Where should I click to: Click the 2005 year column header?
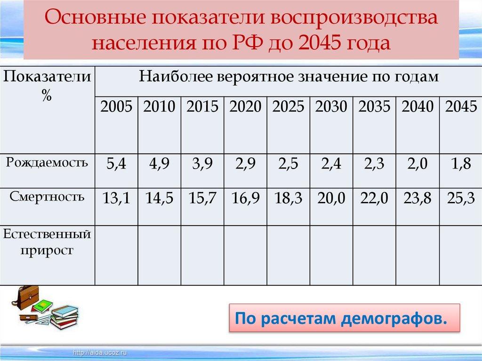pyautogui.click(x=116, y=107)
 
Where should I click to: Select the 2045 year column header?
pyautogui.click(x=461, y=107)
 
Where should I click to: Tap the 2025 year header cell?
pyautogui.click(x=288, y=107)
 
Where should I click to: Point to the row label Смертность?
pyautogui.click(x=47, y=197)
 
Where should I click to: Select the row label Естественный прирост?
pyautogui.click(x=47, y=241)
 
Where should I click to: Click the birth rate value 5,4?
pyautogui.click(x=116, y=165)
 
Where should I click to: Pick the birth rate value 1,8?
pyautogui.click(x=461, y=165)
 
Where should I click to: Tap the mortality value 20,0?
pyautogui.click(x=331, y=199)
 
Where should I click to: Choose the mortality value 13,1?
pyautogui.click(x=116, y=199)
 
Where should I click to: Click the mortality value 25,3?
pyautogui.click(x=461, y=199)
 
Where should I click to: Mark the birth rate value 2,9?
pyautogui.click(x=245, y=165)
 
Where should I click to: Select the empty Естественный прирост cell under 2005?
pyautogui.click(x=116, y=255)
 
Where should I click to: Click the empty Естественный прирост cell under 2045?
pyautogui.click(x=461, y=255)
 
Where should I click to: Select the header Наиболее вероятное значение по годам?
pyautogui.click(x=289, y=76)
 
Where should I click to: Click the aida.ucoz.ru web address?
pyautogui.click(x=101, y=352)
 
